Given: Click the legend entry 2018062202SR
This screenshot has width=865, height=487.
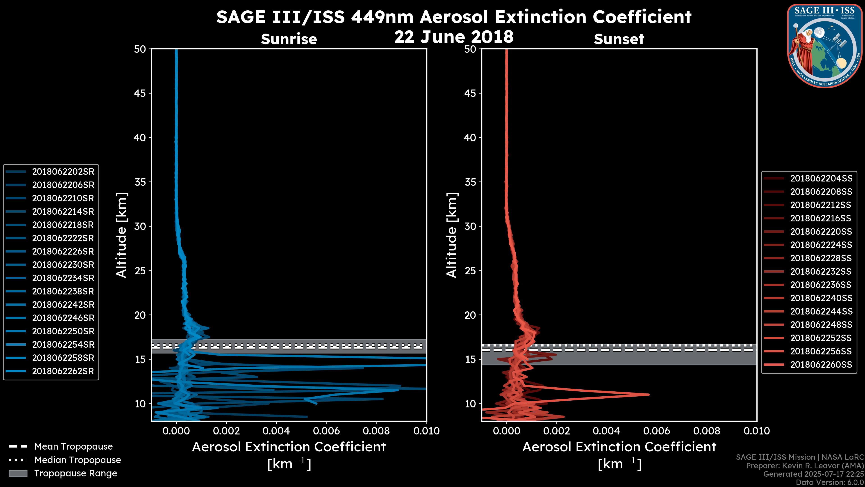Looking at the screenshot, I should pyautogui.click(x=63, y=172).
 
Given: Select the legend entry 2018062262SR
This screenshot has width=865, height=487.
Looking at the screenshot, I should pyautogui.click(x=63, y=371).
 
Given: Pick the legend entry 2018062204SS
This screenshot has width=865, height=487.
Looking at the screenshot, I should pyautogui.click(x=821, y=179).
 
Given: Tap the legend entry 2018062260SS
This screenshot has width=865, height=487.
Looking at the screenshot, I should pyautogui.click(x=821, y=365).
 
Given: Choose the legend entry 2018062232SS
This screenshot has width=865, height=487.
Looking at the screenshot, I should pyautogui.click(x=821, y=271).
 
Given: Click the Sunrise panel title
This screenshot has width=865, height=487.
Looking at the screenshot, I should pyautogui.click(x=289, y=39).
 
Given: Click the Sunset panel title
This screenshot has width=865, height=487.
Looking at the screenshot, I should pyautogui.click(x=619, y=39).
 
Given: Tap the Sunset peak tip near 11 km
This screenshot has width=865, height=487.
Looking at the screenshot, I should pyautogui.click(x=649, y=395).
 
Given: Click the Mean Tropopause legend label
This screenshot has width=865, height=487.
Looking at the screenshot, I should pyautogui.click(x=73, y=447).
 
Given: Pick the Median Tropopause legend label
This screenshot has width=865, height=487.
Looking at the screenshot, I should pyautogui.click(x=77, y=460).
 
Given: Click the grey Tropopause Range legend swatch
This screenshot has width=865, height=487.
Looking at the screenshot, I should pyautogui.click(x=18, y=473).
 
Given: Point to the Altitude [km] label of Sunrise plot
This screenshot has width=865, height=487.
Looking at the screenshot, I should pyautogui.click(x=122, y=235).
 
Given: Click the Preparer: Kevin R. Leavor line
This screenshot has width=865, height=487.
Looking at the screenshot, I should pyautogui.click(x=805, y=466).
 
